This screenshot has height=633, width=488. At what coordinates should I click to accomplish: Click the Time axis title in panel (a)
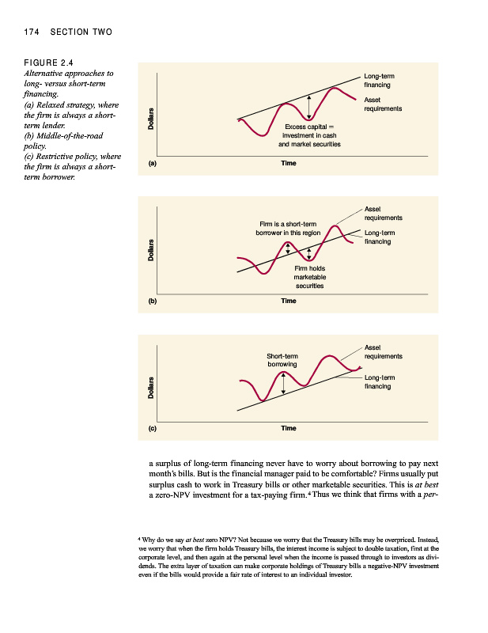tap(288, 163)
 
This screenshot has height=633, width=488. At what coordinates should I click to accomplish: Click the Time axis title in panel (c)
tap(288, 428)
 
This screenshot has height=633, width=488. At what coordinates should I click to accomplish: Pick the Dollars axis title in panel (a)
tap(149, 119)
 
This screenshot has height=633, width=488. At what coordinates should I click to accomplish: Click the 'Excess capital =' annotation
tap(309, 127)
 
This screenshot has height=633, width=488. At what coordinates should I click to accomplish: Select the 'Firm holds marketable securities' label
tap(309, 278)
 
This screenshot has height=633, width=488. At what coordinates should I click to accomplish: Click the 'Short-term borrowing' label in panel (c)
tap(282, 360)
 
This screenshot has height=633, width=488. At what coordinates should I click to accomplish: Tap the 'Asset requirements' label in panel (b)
tap(382, 213)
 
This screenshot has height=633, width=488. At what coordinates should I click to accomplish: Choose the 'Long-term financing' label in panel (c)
tap(379, 382)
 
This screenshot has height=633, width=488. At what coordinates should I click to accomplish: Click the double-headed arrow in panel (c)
tap(283, 383)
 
